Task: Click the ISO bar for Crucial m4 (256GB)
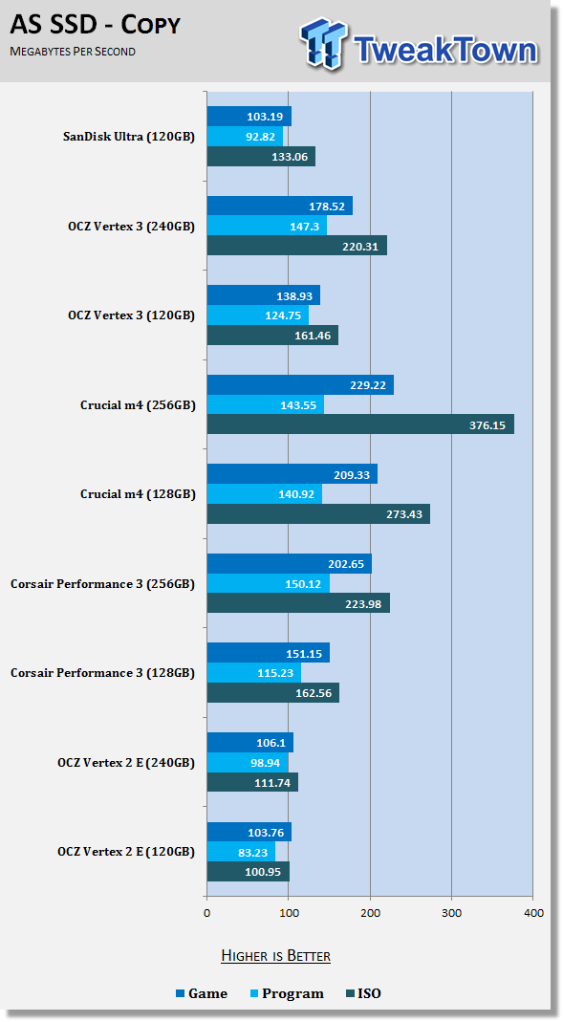[360, 424]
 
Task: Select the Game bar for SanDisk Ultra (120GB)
[249, 117]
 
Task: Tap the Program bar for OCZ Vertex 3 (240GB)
[268, 226]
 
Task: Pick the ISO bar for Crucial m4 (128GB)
[318, 513]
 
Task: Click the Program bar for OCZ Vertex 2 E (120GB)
[241, 851]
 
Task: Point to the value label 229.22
[368, 385]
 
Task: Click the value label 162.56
[314, 693]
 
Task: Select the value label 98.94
[265, 763]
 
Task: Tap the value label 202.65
[346, 564]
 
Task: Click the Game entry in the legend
[202, 993]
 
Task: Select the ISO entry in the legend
[363, 993]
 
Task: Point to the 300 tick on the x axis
[451, 912]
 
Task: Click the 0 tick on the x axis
[207, 912]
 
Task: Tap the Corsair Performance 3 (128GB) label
[102, 673]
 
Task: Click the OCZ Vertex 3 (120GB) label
[131, 315]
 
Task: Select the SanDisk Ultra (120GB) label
[128, 137]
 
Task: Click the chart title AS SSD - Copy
[96, 25]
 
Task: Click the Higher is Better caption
[275, 955]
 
